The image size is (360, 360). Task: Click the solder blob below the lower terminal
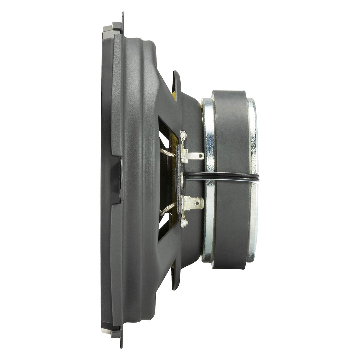point(183,222)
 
